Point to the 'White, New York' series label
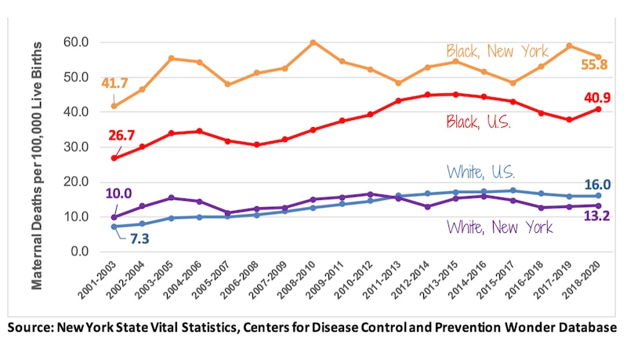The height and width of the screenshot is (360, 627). (499, 227)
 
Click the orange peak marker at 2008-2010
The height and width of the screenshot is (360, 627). (313, 42)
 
